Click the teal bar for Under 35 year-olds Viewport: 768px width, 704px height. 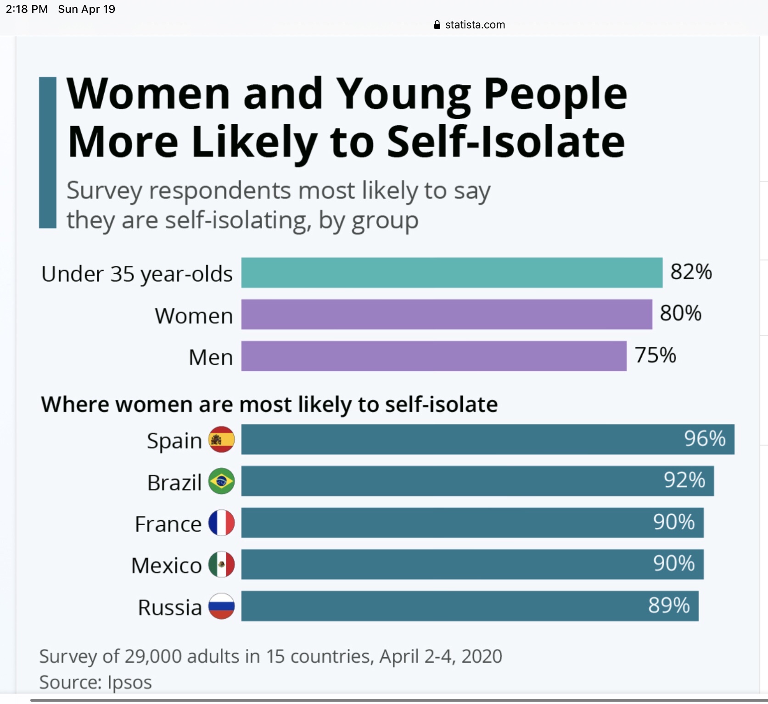click(452, 273)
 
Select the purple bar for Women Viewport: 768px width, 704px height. click(447, 315)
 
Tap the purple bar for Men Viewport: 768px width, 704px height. click(434, 356)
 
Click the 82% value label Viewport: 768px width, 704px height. click(691, 272)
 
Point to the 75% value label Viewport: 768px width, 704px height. click(655, 355)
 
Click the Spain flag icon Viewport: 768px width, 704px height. click(222, 439)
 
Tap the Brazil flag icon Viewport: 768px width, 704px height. click(222, 481)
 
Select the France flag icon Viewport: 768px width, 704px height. click(222, 523)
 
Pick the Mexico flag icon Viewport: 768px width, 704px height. click(222, 565)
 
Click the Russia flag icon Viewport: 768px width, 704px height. click(222, 606)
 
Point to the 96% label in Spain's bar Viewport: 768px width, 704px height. click(705, 439)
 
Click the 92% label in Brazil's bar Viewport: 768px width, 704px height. click(684, 481)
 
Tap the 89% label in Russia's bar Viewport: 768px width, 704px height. click(669, 606)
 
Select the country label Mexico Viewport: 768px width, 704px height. click(167, 565)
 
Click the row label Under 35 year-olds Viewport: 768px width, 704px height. click(137, 274)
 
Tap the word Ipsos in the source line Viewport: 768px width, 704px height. click(129, 682)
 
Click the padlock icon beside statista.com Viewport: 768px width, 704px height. click(437, 25)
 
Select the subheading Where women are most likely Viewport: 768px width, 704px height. click(269, 405)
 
